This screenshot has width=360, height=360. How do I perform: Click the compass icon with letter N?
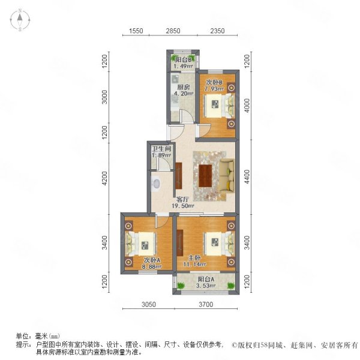click(x=19, y=20)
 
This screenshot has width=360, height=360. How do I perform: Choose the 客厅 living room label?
click(x=182, y=199)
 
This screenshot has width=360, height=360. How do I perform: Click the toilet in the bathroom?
click(x=156, y=184)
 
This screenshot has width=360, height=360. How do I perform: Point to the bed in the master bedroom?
click(x=215, y=243)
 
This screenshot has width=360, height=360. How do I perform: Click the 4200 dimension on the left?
click(x=104, y=178)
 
